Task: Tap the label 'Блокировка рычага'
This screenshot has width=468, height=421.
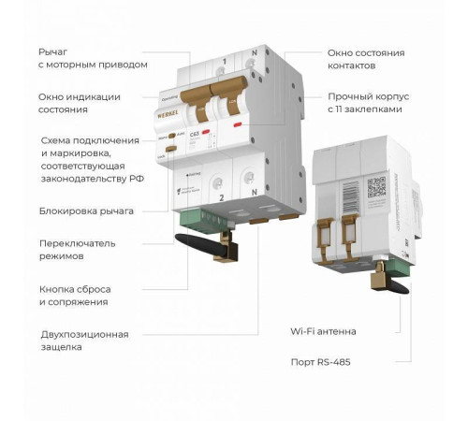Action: coord(86,210)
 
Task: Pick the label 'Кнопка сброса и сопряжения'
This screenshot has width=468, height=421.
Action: coord(74,295)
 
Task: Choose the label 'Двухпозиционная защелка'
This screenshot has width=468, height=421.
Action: coord(84,340)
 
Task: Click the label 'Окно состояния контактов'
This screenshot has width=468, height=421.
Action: coord(364,61)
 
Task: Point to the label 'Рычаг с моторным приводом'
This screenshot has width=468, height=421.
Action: coord(93,58)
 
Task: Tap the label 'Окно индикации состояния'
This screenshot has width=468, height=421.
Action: coord(77,103)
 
